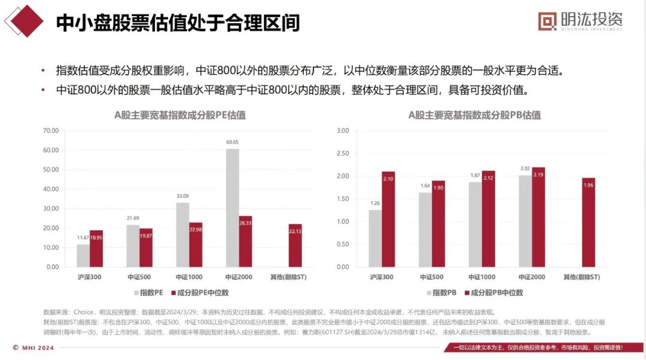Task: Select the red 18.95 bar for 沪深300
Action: (x=96, y=248)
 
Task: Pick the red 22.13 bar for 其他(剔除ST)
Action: (x=295, y=245)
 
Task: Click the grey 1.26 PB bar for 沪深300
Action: (x=375, y=238)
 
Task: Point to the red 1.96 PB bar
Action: (x=588, y=222)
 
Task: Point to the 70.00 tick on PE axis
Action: (x=50, y=130)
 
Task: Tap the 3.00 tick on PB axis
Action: (x=343, y=130)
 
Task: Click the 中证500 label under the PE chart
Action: (x=139, y=277)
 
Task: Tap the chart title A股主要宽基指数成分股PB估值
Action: (x=474, y=115)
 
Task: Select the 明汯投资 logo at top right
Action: (x=581, y=22)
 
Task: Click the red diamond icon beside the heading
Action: (x=24, y=22)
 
